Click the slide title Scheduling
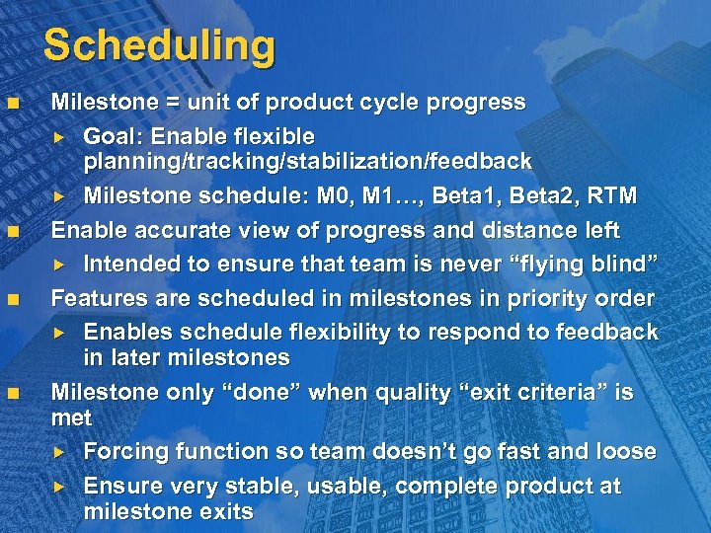159,45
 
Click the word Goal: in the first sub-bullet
116,136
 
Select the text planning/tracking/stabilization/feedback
307,161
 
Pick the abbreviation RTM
614,195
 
